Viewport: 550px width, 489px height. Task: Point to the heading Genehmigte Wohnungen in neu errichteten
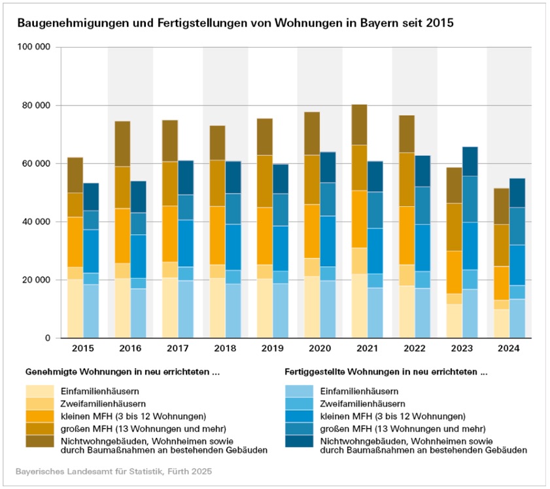coord(122,372)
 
